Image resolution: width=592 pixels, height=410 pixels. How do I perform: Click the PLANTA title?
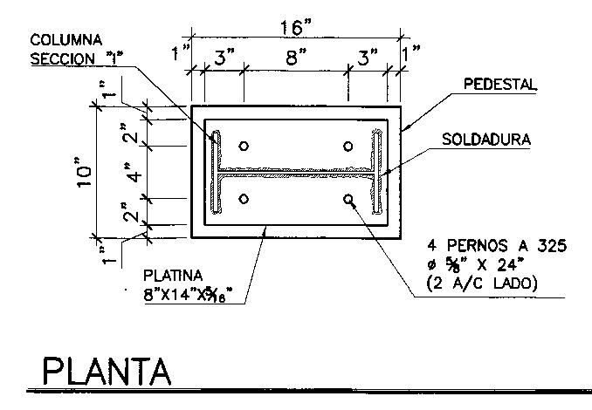106,371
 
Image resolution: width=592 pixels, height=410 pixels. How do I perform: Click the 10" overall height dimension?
84,172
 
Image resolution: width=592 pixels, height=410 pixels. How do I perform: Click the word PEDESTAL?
499,85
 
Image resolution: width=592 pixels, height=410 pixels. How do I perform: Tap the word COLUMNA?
66,40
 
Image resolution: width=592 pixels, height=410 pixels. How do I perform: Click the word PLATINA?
175,274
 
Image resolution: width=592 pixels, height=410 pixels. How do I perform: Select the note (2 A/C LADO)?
482,284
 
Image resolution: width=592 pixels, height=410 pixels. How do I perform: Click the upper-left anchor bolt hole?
244,146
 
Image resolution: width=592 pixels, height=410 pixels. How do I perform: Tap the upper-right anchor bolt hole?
348,146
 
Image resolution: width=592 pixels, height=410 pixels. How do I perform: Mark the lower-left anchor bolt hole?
244,199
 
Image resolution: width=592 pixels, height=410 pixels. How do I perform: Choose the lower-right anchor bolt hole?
348,199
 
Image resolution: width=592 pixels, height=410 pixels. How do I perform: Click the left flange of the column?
214,173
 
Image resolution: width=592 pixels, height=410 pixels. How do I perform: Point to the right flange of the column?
378,173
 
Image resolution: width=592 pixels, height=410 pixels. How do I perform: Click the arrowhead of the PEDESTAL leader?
403,130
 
